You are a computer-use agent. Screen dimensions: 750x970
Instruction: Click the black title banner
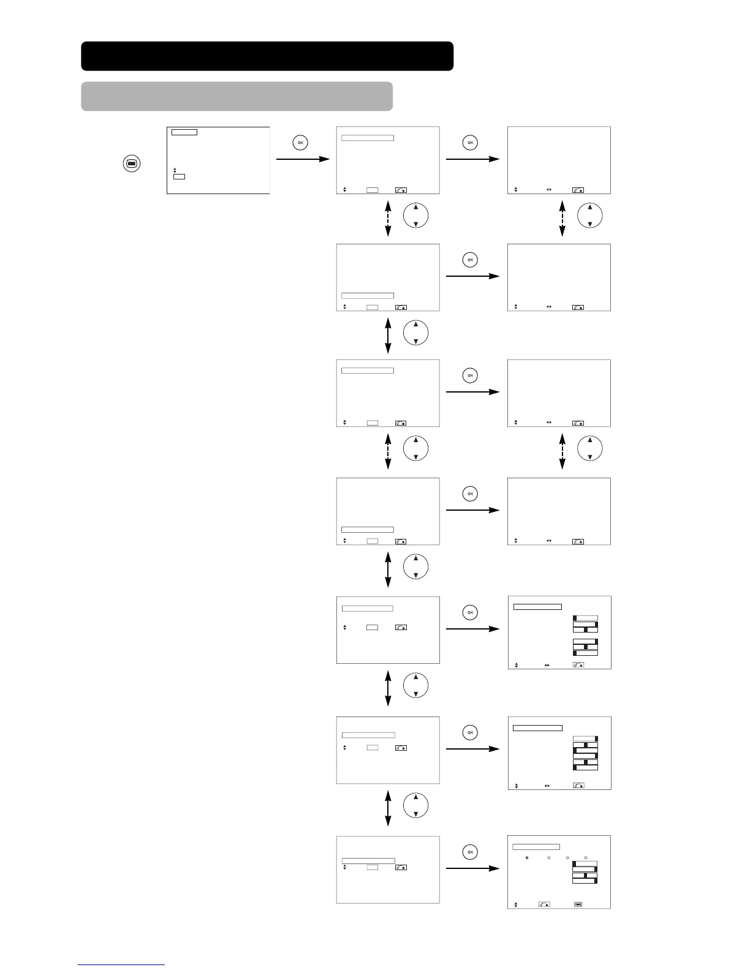[x=267, y=56]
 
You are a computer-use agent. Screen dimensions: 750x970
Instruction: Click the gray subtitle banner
[x=237, y=96]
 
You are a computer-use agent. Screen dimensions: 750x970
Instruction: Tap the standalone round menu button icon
[x=132, y=164]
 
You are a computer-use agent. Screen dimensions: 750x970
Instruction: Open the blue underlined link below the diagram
[x=121, y=965]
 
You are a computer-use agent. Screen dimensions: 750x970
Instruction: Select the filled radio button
[x=527, y=857]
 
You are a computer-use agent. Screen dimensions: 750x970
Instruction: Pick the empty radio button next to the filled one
[x=548, y=857]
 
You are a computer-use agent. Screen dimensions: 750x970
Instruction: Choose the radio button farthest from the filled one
[x=586, y=857]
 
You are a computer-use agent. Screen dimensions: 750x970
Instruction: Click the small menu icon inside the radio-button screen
[x=578, y=904]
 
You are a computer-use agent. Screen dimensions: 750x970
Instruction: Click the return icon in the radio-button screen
[x=544, y=904]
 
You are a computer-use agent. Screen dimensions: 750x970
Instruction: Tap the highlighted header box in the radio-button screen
[x=536, y=847]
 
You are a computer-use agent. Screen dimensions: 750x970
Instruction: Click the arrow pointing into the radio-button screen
[x=472, y=868]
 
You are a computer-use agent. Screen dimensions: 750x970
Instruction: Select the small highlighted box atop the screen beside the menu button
[x=184, y=132]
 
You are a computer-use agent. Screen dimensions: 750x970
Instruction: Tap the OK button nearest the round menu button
[x=300, y=143]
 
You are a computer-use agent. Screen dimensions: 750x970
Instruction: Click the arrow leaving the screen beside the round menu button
[x=303, y=159]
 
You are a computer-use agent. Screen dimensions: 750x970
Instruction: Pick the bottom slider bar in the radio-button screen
[x=585, y=881]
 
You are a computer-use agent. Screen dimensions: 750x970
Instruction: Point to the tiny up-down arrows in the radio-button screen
[x=516, y=904]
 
